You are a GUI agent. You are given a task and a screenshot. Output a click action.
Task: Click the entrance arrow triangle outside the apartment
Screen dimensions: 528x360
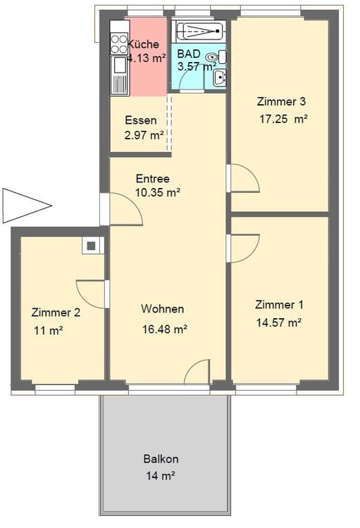click(x=25, y=206)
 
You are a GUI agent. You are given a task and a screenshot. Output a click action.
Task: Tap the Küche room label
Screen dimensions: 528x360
click(x=133, y=44)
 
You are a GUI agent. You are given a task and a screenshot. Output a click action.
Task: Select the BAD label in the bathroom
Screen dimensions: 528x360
click(x=188, y=54)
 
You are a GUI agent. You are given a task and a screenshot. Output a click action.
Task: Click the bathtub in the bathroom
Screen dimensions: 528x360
click(x=199, y=32)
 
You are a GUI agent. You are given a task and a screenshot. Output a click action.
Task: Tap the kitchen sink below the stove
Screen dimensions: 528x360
click(x=119, y=65)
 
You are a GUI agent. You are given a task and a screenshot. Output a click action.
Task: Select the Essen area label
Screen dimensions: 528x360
click(x=141, y=120)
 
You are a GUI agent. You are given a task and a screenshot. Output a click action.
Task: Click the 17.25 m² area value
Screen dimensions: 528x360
click(x=283, y=119)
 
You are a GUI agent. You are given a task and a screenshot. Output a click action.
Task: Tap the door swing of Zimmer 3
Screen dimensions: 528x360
click(x=243, y=178)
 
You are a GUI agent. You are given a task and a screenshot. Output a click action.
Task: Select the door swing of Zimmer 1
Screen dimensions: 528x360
click(x=243, y=249)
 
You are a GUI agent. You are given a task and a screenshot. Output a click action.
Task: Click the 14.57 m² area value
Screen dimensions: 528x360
click(x=278, y=323)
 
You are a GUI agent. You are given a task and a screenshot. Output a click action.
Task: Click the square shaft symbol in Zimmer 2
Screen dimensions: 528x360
click(x=92, y=245)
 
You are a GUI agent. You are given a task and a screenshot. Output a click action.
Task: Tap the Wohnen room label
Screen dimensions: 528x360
click(x=163, y=309)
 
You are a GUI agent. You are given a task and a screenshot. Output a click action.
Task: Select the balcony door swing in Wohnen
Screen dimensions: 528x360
click(x=197, y=372)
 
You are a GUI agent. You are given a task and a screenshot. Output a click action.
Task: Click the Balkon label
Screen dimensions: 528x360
click(x=161, y=459)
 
